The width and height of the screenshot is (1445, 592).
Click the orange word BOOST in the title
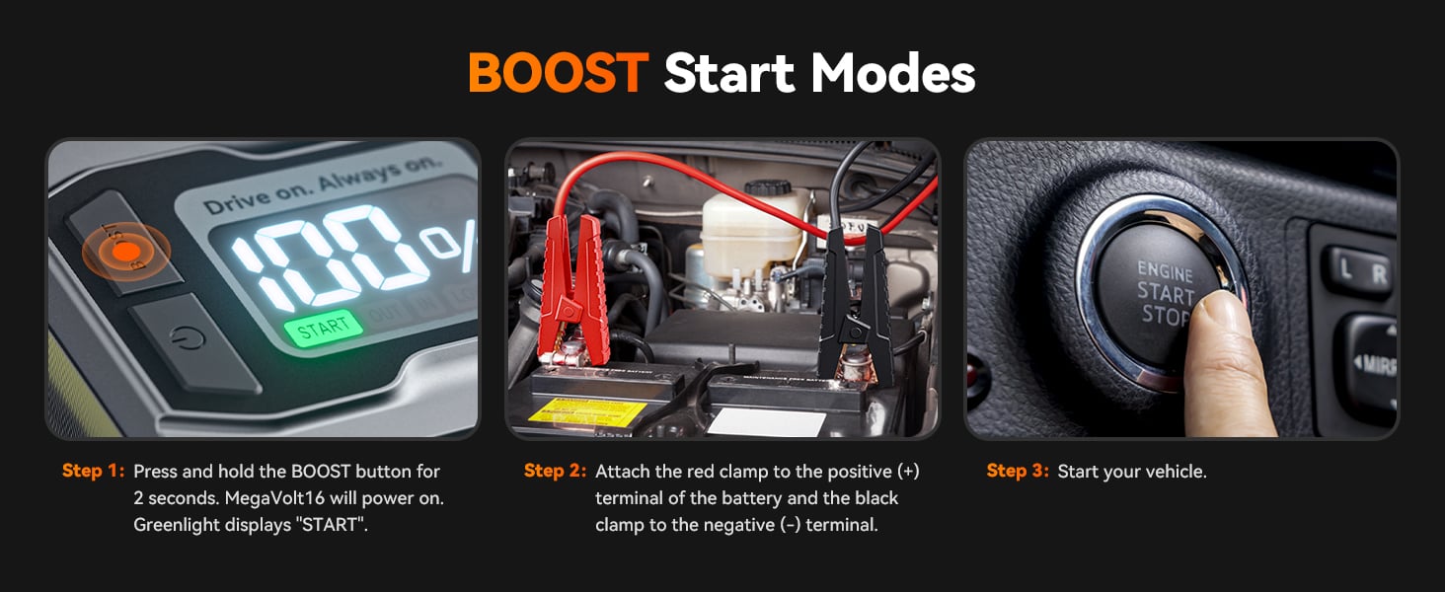557,73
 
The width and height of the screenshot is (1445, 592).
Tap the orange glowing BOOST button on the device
125,251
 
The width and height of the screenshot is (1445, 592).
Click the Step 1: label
93,472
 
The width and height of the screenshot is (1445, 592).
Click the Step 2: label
555,472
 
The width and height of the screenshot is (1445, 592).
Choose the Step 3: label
1017,472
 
